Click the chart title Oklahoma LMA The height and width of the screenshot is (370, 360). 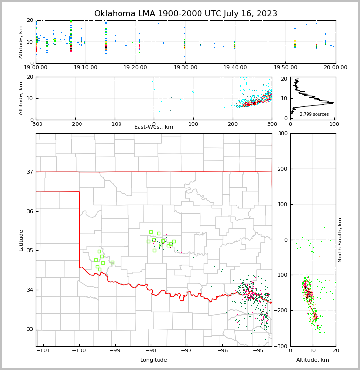pos(185,14)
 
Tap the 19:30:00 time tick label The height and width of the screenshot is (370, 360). pos(185,68)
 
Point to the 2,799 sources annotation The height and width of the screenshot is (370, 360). pos(314,114)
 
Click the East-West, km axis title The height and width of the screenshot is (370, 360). pos(154,127)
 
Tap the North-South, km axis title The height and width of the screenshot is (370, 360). pos(340,240)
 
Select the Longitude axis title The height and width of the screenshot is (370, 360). pos(154,360)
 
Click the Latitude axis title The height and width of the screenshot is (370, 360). pos(21,240)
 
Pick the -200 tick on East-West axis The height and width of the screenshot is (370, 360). pos(75,124)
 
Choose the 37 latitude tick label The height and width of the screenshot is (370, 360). pos(30,172)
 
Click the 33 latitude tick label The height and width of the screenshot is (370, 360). pos(30,329)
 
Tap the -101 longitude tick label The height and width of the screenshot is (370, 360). pos(43,351)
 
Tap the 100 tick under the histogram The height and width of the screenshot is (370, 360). pos(334,124)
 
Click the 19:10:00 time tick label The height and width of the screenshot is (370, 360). pos(86,68)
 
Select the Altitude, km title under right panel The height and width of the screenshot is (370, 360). pos(313,360)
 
